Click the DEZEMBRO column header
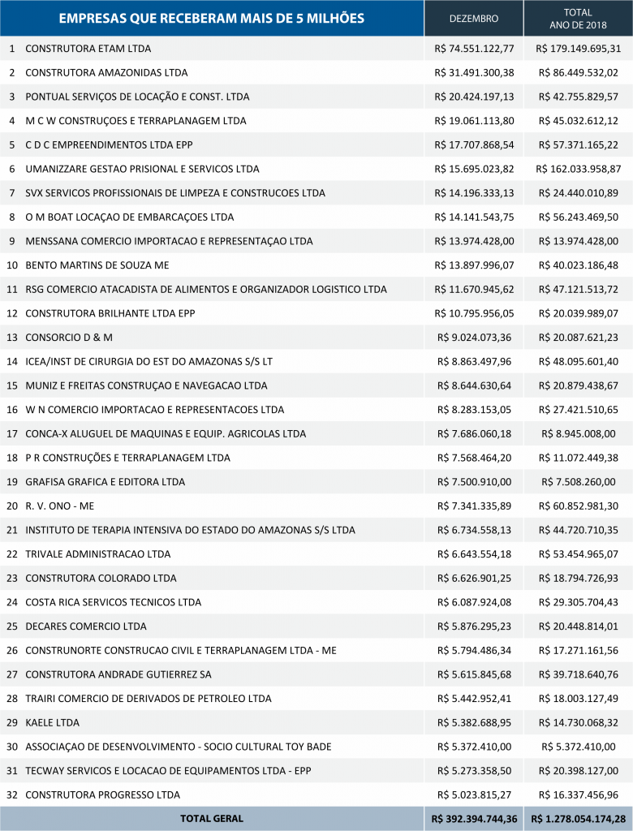coord(474,18)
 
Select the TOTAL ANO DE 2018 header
coord(578,18)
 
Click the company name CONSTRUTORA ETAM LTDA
coord(88,49)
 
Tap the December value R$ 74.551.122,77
coord(474,49)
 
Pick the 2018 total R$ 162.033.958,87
coord(578,169)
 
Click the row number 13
coord(11,337)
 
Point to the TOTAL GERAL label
coord(211,819)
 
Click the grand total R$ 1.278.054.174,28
coord(578,819)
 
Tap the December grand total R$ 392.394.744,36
coord(474,819)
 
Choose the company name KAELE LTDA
coord(53,722)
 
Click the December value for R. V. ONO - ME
coord(474,506)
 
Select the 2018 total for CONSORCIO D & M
coord(578,337)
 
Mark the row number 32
coord(11,794)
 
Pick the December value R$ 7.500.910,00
coord(474,482)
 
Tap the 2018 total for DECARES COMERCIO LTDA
coord(578,626)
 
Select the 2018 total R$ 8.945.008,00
coord(578,433)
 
